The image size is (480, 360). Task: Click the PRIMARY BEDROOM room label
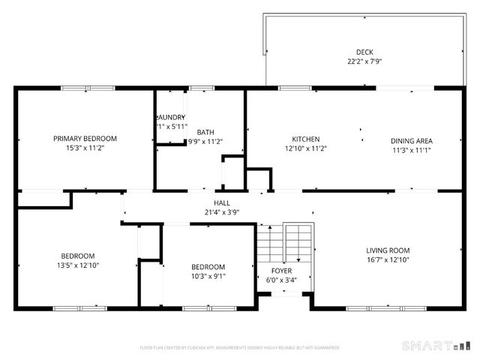coord(85,139)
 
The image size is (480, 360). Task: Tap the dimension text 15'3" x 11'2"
coord(85,148)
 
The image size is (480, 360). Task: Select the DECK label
coord(364,52)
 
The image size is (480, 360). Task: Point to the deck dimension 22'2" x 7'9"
coord(364,61)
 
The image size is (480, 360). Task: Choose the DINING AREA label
coord(411,140)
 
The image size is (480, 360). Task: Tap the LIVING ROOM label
coord(388,250)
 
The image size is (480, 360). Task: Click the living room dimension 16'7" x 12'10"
coord(388,260)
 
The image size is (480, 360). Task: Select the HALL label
coord(222,202)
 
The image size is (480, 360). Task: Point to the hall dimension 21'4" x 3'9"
coord(222,212)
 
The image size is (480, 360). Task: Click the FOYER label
coord(281,270)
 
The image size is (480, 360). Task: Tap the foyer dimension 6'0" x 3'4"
coord(281,280)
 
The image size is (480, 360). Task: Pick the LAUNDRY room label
coord(171,117)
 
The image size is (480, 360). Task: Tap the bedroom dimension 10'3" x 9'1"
coord(208,277)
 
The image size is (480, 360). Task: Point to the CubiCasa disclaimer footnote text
coord(240,347)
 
